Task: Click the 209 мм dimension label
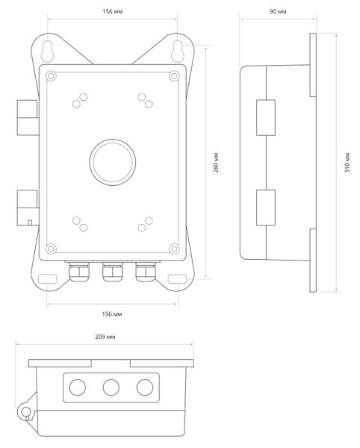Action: coord(105,337)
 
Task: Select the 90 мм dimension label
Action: coord(278,11)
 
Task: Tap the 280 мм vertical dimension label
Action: coord(217,163)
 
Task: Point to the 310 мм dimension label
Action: coord(347,163)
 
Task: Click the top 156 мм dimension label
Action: coord(112,11)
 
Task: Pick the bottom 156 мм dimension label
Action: coord(112,314)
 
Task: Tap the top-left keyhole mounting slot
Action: coord(48,51)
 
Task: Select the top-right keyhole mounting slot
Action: coord(178,51)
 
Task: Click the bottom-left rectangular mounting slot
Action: coord(48,279)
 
